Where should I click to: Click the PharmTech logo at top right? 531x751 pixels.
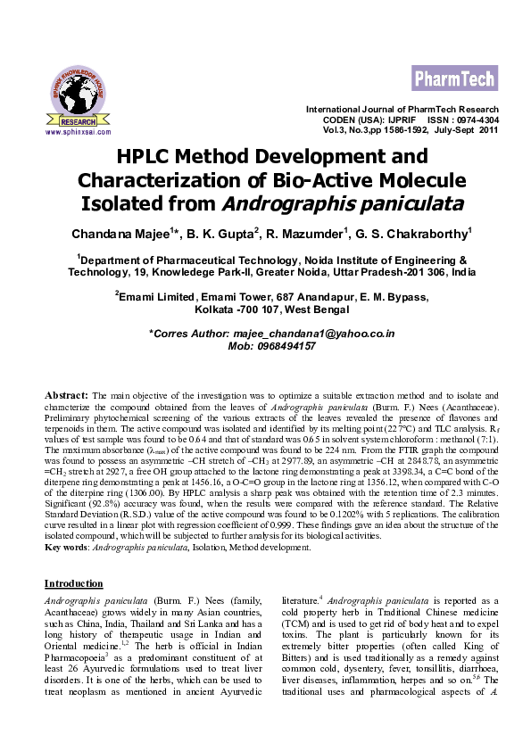454,79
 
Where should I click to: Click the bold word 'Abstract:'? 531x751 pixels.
66,393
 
